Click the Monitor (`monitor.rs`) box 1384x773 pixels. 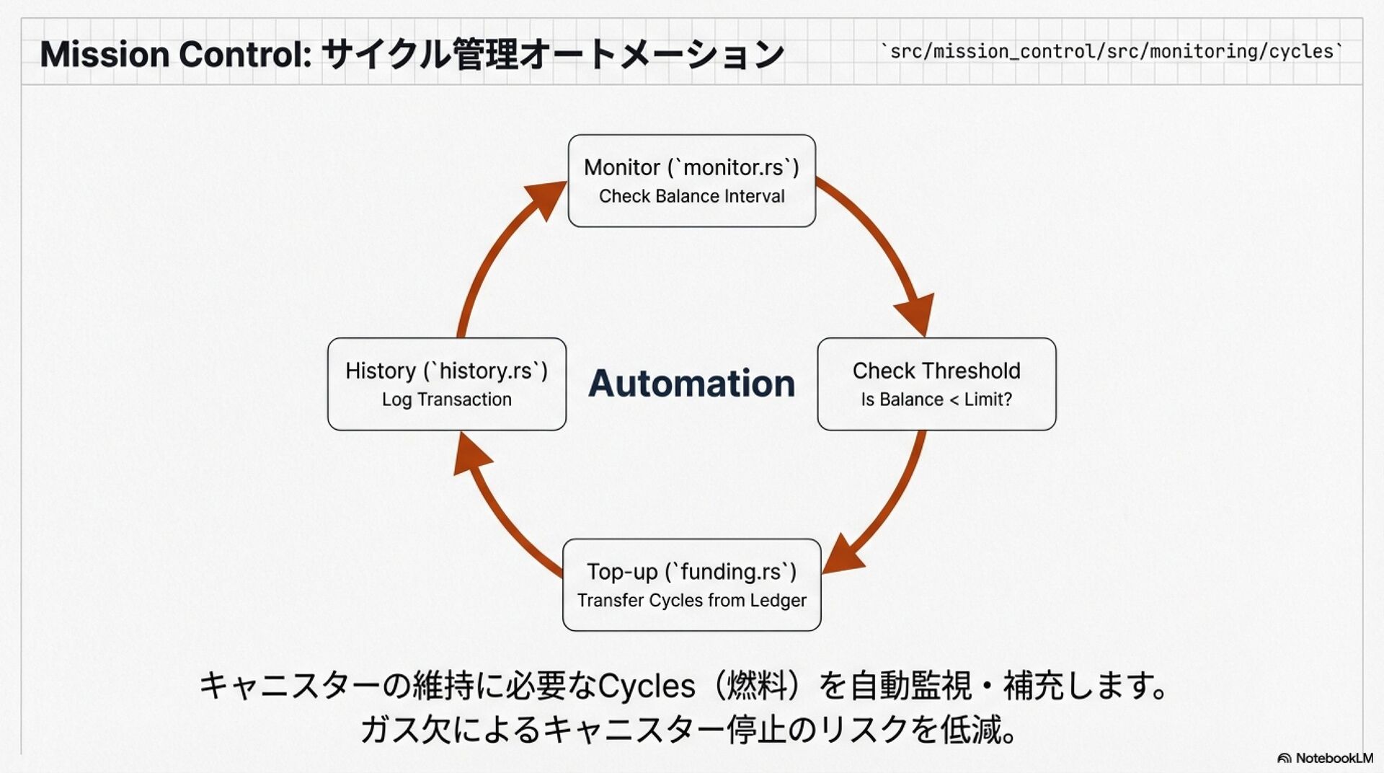coord(692,181)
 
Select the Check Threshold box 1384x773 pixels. coord(936,384)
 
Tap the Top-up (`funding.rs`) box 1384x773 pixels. coord(692,585)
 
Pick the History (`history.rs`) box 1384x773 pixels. coord(447,384)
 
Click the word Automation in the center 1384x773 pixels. coord(692,383)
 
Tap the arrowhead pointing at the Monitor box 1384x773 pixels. coord(546,199)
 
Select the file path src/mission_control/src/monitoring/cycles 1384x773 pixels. coord(1112,52)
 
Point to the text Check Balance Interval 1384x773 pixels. coord(692,196)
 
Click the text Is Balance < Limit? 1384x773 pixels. coord(936,399)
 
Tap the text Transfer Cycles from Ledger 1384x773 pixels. coord(692,601)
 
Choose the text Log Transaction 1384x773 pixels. coord(447,399)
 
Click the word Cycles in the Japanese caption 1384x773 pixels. coord(647,686)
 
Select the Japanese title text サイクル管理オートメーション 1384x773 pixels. coord(553,55)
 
